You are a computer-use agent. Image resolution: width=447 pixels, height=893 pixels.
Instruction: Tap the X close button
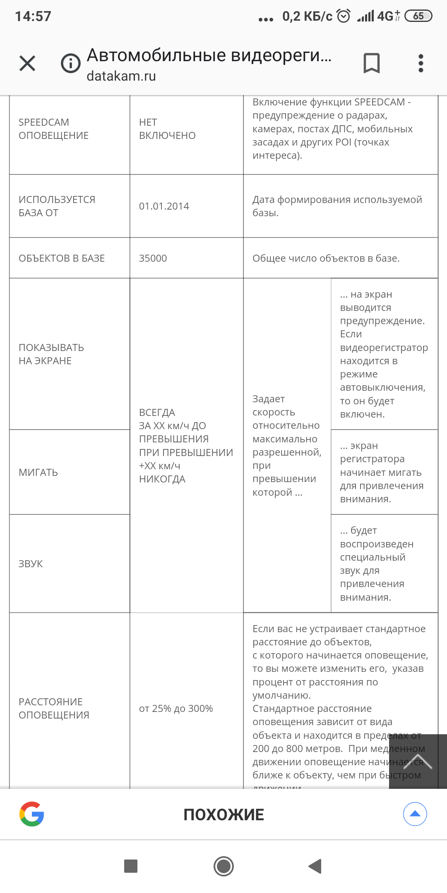[27, 63]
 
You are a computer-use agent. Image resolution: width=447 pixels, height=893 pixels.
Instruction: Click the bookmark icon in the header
[371, 63]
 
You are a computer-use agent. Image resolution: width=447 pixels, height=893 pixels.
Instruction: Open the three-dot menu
[421, 63]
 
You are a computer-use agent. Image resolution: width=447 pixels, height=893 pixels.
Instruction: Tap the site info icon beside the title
[71, 63]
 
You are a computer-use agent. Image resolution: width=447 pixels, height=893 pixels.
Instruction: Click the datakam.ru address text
[121, 76]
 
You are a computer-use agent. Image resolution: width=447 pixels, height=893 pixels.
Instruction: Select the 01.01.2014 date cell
[164, 206]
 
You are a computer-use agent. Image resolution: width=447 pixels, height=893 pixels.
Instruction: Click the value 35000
[153, 258]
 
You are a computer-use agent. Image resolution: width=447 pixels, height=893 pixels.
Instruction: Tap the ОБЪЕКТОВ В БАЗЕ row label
[62, 258]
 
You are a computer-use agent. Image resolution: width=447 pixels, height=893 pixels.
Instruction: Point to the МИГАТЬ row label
[38, 473]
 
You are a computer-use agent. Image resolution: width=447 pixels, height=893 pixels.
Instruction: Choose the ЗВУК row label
[31, 564]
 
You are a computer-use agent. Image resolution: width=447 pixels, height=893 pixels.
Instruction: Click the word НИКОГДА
[162, 479]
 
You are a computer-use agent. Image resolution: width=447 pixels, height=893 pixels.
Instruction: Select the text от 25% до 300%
[176, 709]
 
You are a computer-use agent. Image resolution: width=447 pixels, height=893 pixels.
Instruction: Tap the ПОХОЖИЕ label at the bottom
[223, 814]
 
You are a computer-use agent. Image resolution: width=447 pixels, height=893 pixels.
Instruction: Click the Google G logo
[32, 814]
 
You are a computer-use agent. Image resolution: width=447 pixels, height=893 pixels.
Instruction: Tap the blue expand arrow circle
[415, 814]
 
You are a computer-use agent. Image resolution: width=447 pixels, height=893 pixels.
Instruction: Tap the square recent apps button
[131, 866]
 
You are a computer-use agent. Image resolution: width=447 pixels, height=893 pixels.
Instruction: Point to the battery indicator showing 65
[418, 16]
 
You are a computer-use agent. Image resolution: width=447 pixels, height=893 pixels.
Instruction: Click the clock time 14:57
[33, 17]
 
